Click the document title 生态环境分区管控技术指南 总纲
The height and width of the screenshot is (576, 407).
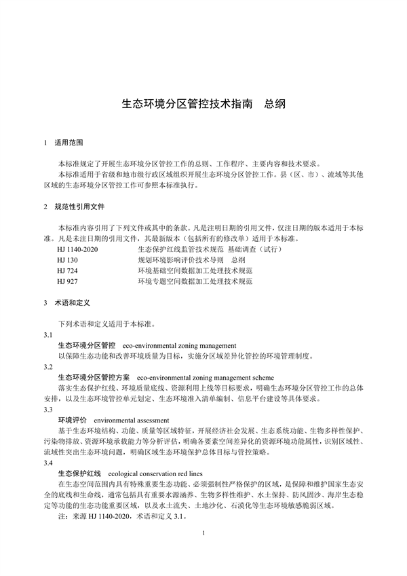[203, 105]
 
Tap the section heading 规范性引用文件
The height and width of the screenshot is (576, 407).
[79, 206]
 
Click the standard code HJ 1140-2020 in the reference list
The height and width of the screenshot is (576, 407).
[78, 250]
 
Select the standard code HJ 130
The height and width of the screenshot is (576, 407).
[67, 260]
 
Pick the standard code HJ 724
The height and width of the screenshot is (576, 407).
[67, 270]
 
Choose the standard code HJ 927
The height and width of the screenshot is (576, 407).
[67, 281]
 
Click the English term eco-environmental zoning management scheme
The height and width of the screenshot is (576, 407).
[205, 376]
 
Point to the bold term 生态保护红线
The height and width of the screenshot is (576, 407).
[79, 473]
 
